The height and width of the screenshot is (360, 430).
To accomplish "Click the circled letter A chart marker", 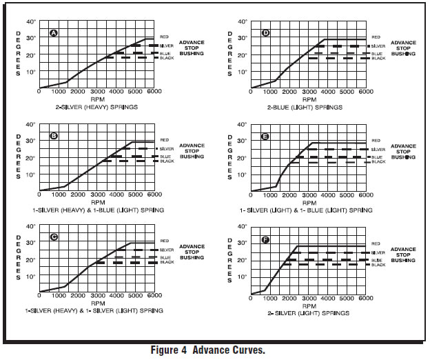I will [54, 33].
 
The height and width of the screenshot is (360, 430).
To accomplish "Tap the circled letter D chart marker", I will [265, 33].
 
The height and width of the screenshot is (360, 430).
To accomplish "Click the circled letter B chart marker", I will [54, 135].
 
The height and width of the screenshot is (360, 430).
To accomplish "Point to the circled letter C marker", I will [54, 237].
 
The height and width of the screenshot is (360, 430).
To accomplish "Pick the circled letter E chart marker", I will [265, 137].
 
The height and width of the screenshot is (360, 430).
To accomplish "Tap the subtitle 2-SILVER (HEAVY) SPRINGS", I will [96, 108].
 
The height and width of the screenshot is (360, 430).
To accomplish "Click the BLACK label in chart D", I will [378, 59].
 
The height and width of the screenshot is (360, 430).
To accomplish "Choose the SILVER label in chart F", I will [378, 253].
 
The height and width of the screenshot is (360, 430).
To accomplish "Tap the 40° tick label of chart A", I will [30, 22].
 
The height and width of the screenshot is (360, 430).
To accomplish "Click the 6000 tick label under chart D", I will [365, 91].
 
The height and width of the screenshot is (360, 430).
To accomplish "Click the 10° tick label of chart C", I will [30, 277].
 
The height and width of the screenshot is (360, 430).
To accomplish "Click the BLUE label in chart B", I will [164, 157].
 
